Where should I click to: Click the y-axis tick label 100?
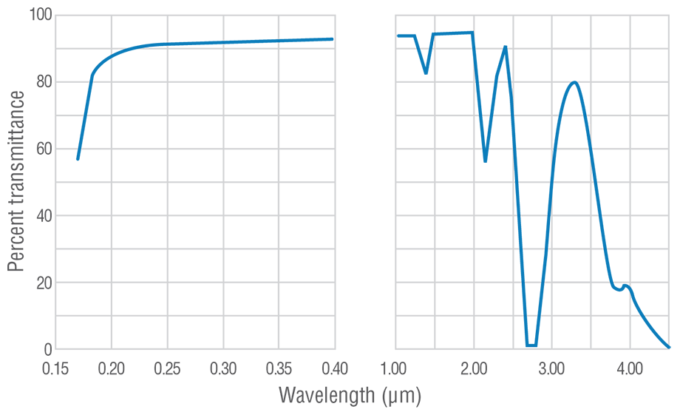point(33,15)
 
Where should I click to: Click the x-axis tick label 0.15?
point(56,368)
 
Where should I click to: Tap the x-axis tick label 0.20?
point(112,368)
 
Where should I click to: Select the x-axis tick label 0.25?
point(167,368)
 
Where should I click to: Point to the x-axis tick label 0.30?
point(223,368)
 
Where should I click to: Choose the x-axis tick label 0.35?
point(279,368)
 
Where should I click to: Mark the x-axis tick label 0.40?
point(334,368)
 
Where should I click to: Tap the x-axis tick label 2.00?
point(474,368)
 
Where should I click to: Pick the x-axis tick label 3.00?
point(551,368)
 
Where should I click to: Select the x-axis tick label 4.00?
point(630,368)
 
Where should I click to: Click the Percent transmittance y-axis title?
point(16,181)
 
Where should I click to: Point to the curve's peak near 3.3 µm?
point(574,82)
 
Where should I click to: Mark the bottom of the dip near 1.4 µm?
point(426,72)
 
